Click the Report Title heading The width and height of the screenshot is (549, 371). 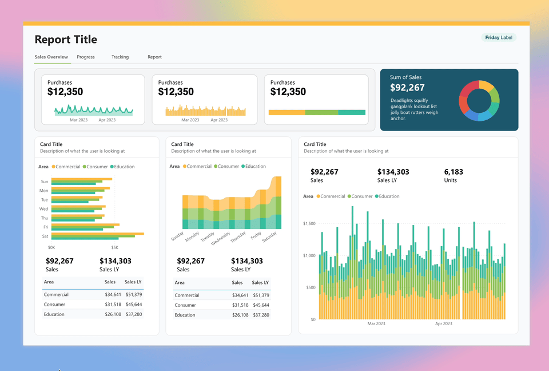(x=66, y=40)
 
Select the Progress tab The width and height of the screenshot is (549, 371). (x=86, y=57)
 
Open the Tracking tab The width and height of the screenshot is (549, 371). (x=120, y=57)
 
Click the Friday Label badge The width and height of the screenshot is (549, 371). (x=499, y=38)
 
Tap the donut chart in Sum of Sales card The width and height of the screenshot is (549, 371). (x=479, y=101)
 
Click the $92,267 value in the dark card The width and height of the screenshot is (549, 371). (x=407, y=88)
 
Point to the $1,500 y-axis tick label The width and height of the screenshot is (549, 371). (x=309, y=223)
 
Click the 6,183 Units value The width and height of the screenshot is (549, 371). (x=453, y=172)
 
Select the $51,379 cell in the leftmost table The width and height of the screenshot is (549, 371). (x=133, y=295)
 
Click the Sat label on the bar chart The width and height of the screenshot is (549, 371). (x=45, y=236)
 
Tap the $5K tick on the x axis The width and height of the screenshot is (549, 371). (x=114, y=248)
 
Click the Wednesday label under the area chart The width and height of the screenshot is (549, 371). (x=221, y=238)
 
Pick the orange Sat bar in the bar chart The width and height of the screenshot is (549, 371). (x=97, y=234)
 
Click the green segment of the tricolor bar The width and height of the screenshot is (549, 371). (x=321, y=113)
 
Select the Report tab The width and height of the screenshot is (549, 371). (x=154, y=57)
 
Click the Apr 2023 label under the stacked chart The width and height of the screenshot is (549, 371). (x=443, y=324)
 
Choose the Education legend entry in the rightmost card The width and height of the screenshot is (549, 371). (x=389, y=196)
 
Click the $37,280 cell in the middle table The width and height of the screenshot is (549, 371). (x=261, y=315)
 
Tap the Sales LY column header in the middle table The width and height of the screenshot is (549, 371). (x=261, y=283)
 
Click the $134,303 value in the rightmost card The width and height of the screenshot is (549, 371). (x=393, y=172)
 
